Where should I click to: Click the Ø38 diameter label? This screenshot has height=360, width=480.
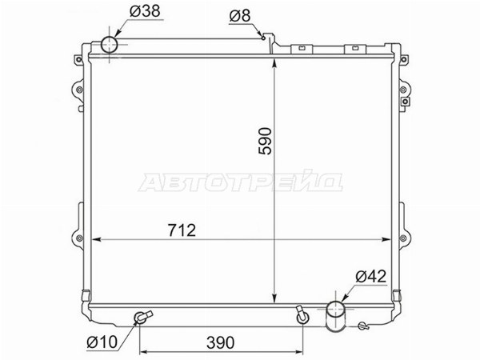click(145, 11)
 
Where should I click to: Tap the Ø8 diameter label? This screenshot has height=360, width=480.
click(240, 16)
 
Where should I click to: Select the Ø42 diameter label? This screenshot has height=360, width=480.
click(370, 277)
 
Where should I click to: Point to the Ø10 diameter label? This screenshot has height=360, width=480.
click(102, 342)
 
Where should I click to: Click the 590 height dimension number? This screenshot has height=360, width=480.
click(265, 141)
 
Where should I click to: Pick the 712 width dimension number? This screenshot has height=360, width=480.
click(182, 230)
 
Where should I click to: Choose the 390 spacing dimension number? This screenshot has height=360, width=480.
click(221, 343)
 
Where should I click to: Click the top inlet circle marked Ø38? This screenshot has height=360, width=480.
click(110, 45)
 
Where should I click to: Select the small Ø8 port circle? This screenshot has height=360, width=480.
click(263, 38)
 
